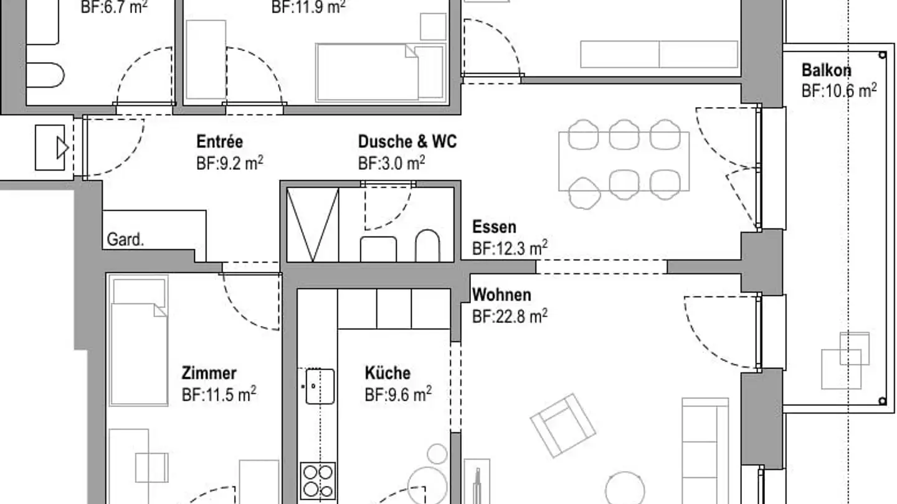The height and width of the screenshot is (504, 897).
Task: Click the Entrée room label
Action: [x=219, y=141]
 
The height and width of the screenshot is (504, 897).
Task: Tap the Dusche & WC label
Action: [x=407, y=142]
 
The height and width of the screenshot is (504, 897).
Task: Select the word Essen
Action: [x=494, y=227]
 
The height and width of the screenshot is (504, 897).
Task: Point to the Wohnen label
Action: [x=501, y=294]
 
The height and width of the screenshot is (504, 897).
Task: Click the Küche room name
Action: [x=387, y=373]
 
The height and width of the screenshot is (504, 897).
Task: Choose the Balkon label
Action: [x=826, y=70]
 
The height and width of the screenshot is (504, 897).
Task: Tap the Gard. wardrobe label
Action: [x=125, y=240]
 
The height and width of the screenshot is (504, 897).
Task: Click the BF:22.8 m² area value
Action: [x=510, y=316]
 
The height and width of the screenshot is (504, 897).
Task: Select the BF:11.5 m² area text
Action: [x=219, y=394]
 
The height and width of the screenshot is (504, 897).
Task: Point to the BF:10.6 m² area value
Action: [x=839, y=91]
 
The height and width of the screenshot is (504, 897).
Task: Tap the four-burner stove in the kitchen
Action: [x=318, y=481]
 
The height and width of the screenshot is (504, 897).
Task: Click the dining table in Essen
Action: [x=624, y=161]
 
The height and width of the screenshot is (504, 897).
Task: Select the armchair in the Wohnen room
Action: [x=562, y=425]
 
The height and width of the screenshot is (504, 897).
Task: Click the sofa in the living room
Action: [x=705, y=448]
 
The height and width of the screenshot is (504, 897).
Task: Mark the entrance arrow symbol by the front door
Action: [x=61, y=147]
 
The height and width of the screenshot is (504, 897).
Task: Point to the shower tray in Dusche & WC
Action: [x=312, y=225]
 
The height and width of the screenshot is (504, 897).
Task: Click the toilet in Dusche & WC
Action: [x=427, y=246]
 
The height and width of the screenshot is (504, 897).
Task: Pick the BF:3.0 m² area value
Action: [x=391, y=164]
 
